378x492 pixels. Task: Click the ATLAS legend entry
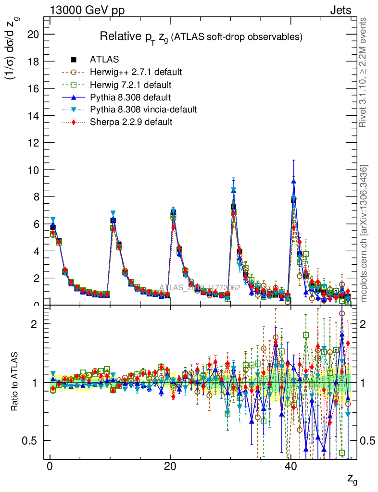pos(104,60)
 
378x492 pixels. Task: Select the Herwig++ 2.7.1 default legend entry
pos(136,72)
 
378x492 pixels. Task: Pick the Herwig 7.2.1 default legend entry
pos(131,85)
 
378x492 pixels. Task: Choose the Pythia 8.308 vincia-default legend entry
pos(143,110)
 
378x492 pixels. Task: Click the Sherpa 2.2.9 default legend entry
pos(131,122)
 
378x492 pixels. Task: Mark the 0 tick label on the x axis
pos(50,468)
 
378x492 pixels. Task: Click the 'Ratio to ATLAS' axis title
pos(15,382)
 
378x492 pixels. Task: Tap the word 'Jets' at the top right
pos(340,10)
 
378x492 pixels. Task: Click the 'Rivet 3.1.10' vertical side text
pos(363,72)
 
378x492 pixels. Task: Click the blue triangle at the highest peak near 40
pos(293,181)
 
